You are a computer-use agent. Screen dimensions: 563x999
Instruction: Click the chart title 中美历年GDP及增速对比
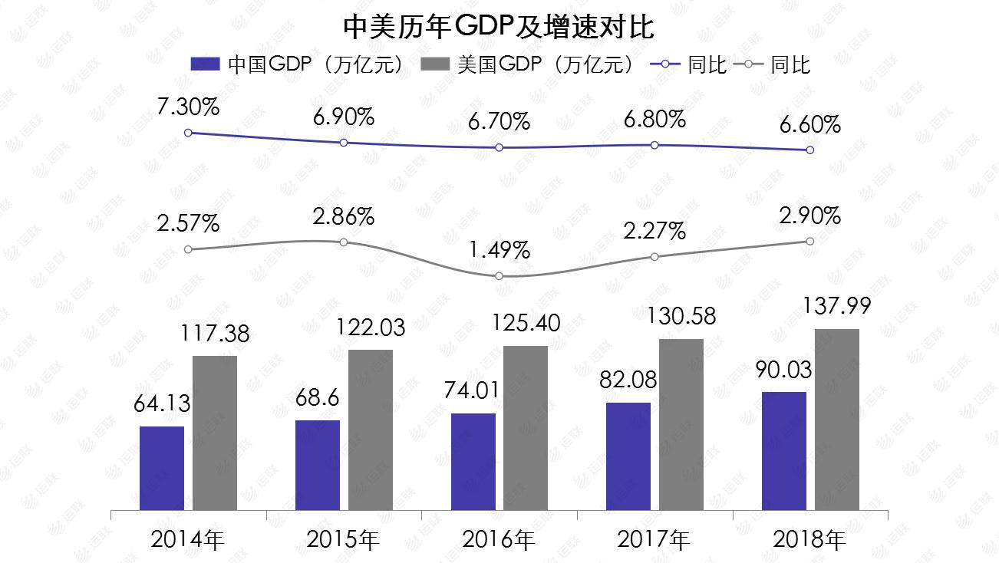point(499,28)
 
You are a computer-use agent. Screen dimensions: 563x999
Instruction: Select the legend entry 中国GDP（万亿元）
point(298,65)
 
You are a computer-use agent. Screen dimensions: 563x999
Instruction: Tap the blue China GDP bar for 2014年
point(162,468)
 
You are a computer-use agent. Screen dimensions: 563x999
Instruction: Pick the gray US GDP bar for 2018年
point(836,420)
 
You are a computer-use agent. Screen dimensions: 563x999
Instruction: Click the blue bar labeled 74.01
point(473,462)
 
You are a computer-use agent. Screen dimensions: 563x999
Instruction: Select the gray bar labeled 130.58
point(681,424)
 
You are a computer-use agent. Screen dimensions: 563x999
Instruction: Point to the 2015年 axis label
point(343,540)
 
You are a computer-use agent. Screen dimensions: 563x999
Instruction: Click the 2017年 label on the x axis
point(654,540)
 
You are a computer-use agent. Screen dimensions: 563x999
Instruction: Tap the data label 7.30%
point(188,107)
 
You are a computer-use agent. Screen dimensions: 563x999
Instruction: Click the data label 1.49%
point(499,250)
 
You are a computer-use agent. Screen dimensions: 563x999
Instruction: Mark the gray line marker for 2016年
point(499,276)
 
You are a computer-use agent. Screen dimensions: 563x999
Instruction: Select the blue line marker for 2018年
point(809,150)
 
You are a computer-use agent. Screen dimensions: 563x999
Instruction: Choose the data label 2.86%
point(343,216)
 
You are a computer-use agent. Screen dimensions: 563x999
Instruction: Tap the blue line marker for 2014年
point(188,133)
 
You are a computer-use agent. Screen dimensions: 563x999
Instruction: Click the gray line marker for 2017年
point(654,257)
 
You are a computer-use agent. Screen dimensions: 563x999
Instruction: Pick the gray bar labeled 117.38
point(215,433)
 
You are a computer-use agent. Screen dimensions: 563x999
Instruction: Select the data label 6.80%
point(654,119)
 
